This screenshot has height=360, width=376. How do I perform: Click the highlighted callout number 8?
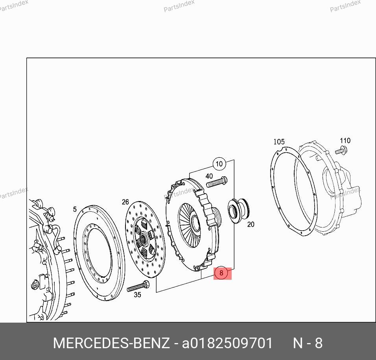(221, 273)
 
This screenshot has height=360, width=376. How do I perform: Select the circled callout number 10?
(219, 164)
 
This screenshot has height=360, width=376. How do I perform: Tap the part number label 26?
(125, 202)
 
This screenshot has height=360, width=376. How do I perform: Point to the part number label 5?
(75, 209)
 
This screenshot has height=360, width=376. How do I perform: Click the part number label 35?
(137, 295)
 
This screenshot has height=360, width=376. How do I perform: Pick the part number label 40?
(209, 176)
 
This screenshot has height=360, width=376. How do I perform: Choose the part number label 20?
(251, 225)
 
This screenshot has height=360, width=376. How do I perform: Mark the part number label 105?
(279, 142)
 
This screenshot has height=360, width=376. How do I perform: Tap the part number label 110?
(345, 140)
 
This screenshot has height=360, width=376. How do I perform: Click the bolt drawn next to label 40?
(217, 182)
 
